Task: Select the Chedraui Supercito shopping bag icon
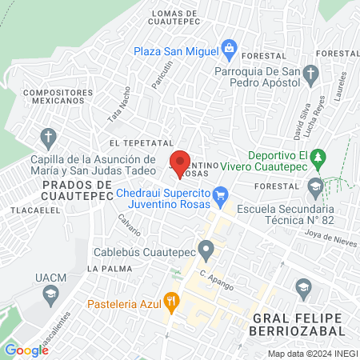[222, 194]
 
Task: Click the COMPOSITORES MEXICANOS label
[54, 96]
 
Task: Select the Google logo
[26, 350]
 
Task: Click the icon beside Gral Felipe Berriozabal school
[302, 286]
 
